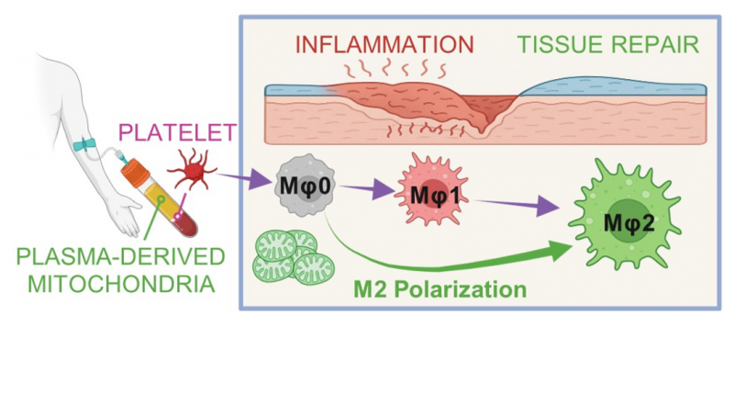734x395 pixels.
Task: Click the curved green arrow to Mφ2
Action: point(459,259)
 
